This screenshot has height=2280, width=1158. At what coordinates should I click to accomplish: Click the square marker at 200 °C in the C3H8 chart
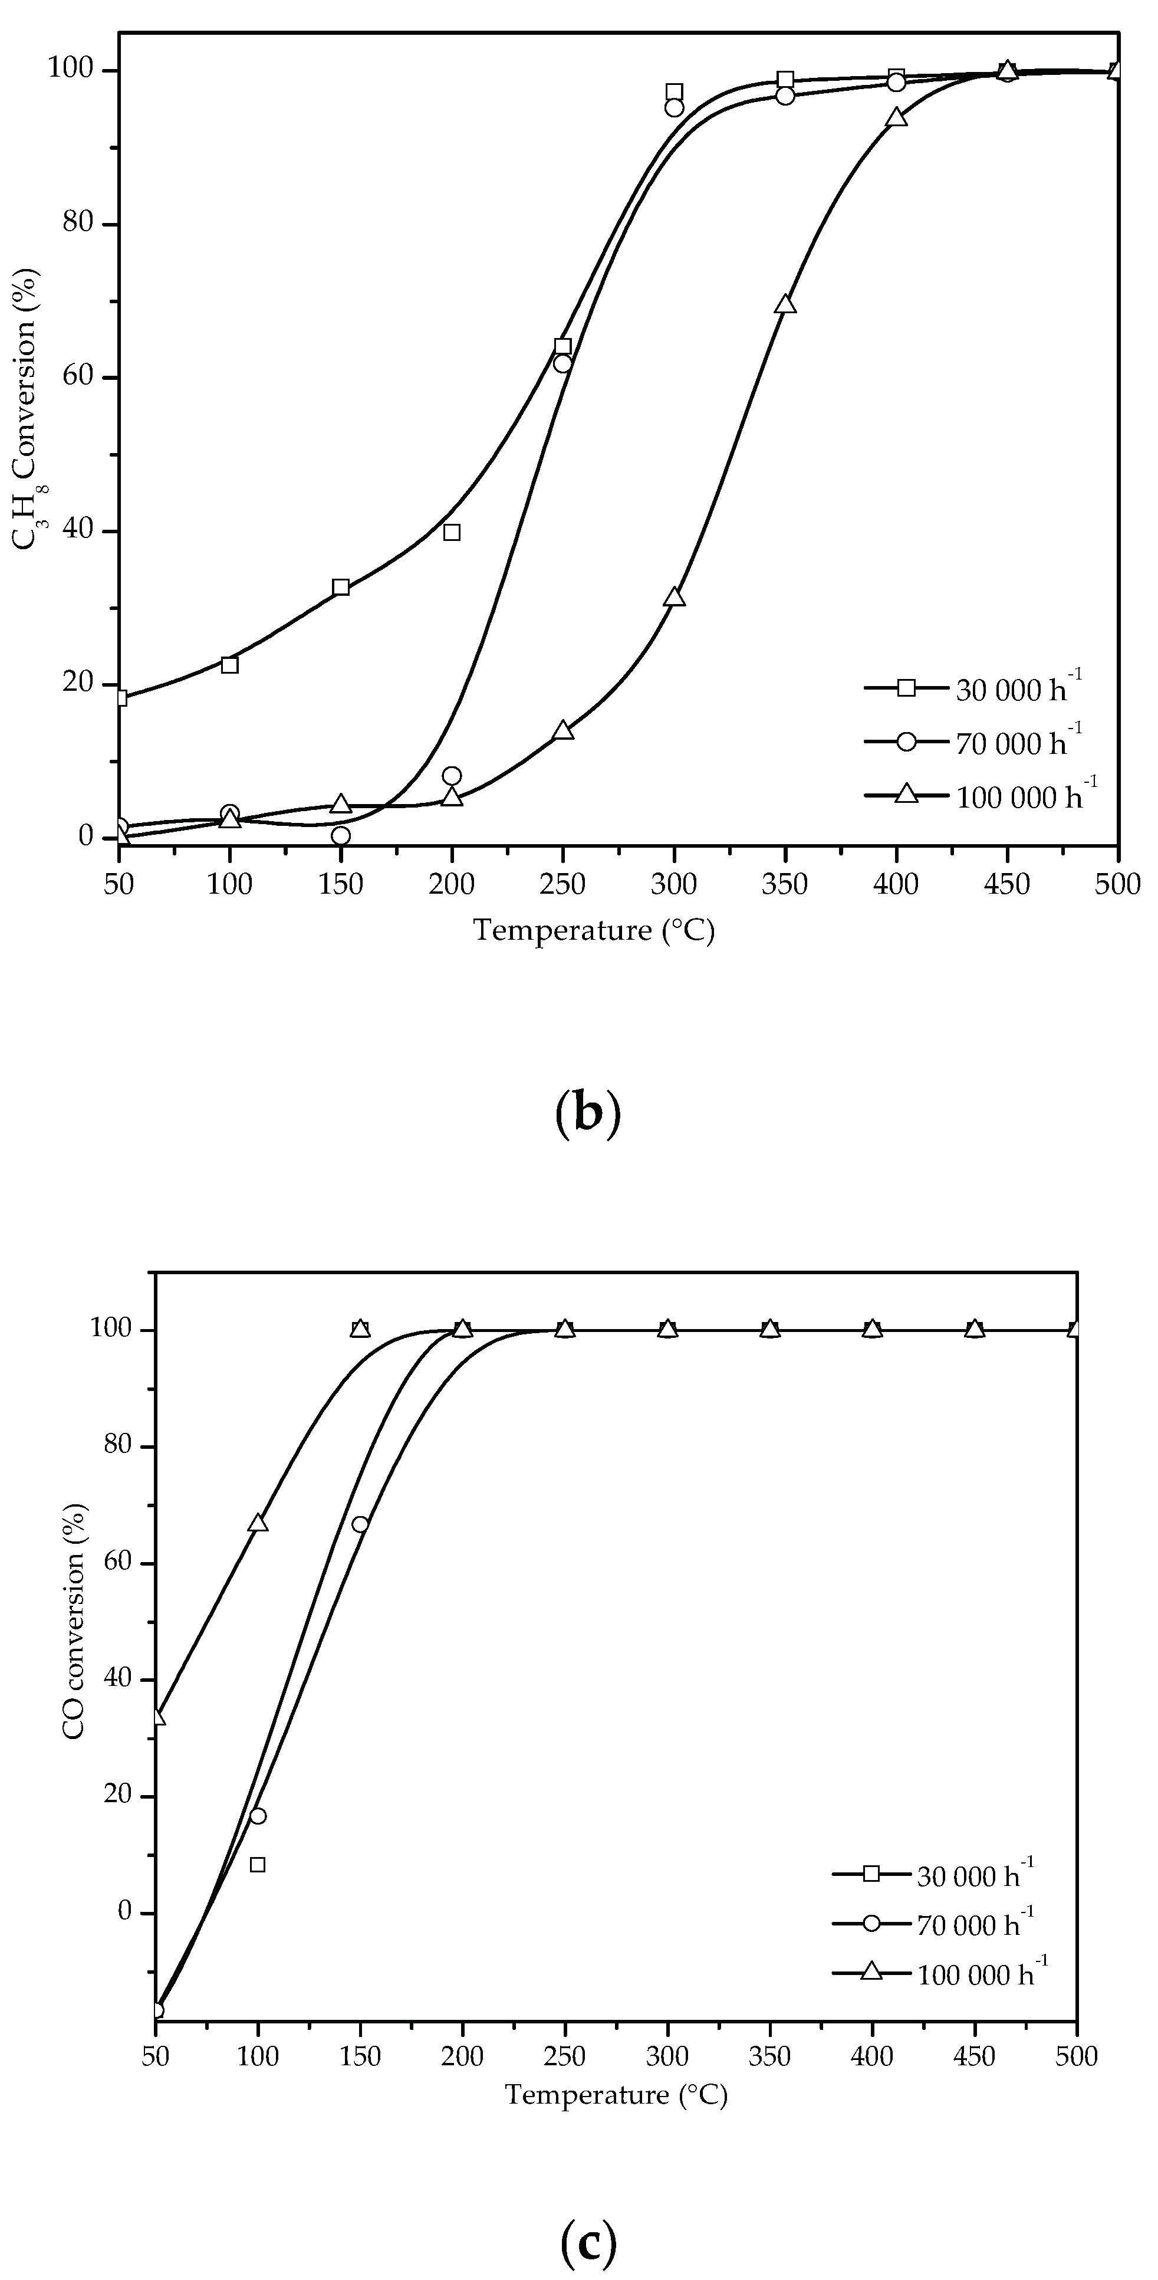click(452, 532)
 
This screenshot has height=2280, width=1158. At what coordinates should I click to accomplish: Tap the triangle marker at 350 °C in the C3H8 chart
click(785, 304)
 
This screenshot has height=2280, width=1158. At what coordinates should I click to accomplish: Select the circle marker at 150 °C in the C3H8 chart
click(341, 835)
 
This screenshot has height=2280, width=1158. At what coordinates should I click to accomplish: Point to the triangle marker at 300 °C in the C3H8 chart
click(674, 598)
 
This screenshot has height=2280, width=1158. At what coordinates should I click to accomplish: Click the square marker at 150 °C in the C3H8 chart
click(341, 588)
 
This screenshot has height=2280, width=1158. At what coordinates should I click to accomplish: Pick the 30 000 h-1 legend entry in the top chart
click(973, 690)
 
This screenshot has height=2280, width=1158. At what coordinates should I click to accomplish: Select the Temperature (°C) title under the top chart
click(594, 931)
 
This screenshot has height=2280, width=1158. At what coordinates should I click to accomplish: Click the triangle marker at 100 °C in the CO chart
click(258, 1523)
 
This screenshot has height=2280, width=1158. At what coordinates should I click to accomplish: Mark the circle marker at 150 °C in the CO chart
click(360, 1524)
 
